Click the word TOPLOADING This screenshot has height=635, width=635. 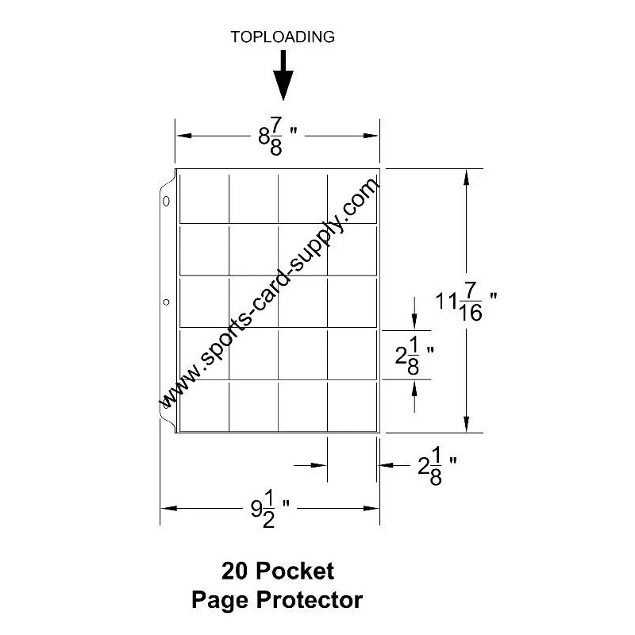click(282, 37)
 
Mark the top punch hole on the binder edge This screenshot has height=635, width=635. click(166, 202)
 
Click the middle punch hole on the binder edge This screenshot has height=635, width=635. click(166, 302)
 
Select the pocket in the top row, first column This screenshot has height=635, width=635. click(205, 198)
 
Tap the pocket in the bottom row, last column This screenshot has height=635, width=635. click(352, 406)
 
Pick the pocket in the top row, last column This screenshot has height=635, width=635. click(352, 198)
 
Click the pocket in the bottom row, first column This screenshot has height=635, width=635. click(205, 406)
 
